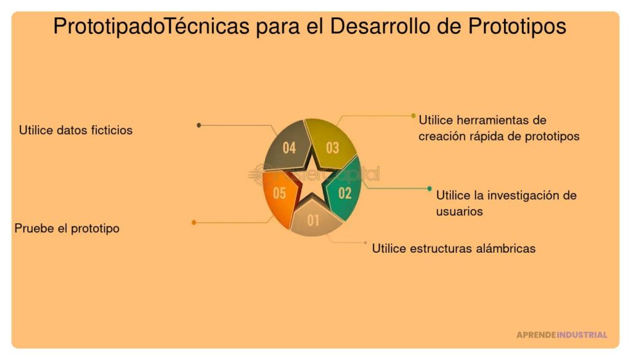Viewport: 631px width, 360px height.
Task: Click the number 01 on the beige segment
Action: tap(313, 220)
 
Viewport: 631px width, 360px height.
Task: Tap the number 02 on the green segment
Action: tap(345, 194)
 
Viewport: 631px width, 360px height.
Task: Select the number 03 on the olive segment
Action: tap(333, 148)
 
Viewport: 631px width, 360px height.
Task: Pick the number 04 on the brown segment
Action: tap(289, 148)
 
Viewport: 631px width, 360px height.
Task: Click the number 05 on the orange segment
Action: tap(279, 194)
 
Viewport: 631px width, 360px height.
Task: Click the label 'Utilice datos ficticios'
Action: tap(76, 130)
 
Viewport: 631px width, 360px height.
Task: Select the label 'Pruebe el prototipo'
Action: tap(67, 228)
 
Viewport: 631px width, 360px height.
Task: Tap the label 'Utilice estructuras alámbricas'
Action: tap(454, 248)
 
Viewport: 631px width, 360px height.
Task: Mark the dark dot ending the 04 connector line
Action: tap(198, 125)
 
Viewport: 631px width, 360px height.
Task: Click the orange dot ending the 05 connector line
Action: tap(194, 222)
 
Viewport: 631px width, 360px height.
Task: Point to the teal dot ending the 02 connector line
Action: tap(429, 189)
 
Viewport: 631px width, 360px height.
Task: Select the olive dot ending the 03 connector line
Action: tap(413, 115)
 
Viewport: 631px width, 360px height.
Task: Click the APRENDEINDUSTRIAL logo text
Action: tap(561, 335)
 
